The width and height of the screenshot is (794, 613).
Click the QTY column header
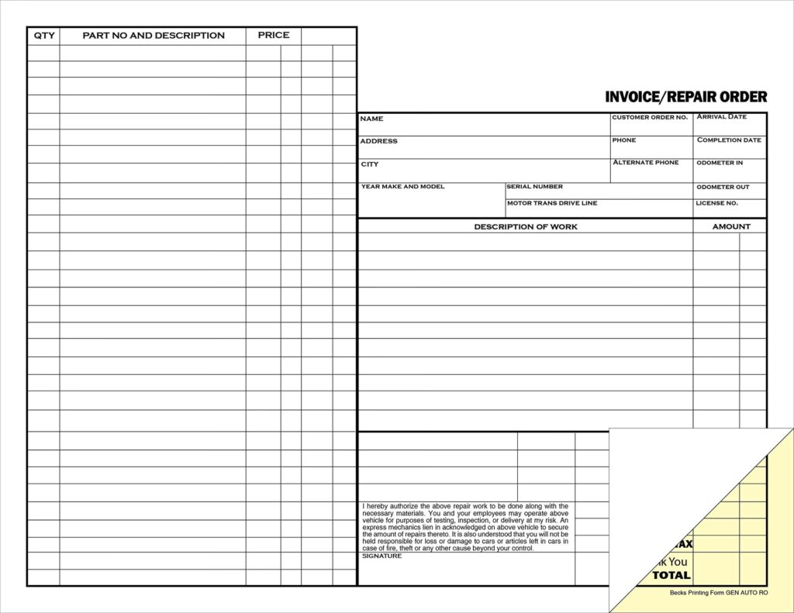[x=44, y=36]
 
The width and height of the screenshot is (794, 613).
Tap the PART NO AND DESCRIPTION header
[x=154, y=36]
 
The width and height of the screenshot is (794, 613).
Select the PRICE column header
[x=274, y=35]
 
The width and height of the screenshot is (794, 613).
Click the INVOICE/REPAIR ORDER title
[x=685, y=97]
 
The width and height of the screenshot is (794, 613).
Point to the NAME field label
[x=371, y=119]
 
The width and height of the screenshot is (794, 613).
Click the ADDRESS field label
[x=378, y=141]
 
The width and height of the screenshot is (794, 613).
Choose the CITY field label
[x=369, y=164]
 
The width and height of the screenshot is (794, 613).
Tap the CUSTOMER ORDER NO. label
[x=649, y=117]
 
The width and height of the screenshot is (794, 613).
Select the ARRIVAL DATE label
[x=721, y=117]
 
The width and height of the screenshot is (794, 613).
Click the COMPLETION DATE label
[x=729, y=140]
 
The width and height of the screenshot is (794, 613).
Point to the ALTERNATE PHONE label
[x=645, y=163]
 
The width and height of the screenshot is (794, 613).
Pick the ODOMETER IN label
[x=719, y=163]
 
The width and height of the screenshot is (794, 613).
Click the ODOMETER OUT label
[x=722, y=187]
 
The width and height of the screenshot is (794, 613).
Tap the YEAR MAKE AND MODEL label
[x=402, y=187]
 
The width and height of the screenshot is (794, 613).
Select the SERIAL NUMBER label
[x=534, y=187]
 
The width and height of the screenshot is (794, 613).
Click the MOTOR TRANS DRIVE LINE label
[x=552, y=203]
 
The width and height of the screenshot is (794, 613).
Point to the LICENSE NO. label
[x=716, y=203]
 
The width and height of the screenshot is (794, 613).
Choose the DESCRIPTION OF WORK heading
[x=526, y=226]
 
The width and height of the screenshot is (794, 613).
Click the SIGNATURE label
[x=381, y=556]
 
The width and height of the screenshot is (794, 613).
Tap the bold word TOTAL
[x=671, y=575]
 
